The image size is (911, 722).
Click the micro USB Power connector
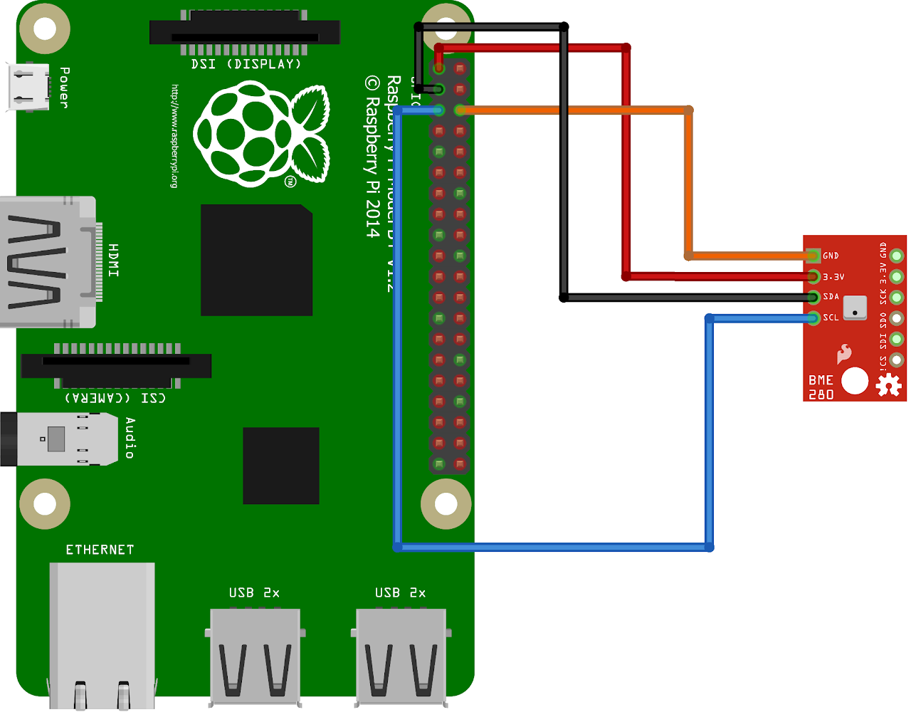29,87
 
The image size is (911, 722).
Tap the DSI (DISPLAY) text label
246,64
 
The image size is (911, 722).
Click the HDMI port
47,262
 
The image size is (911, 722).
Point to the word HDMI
113,260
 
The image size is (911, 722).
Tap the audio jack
60,439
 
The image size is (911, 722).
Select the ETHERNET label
100,550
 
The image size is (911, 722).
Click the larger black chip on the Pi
256,260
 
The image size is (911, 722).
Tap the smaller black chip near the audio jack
280,465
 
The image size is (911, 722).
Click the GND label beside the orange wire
831,256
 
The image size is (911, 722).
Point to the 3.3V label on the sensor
833,276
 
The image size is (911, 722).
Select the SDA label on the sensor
831,297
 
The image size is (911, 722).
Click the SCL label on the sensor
831,318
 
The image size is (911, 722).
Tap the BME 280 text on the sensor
821,387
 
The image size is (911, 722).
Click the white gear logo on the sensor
888,385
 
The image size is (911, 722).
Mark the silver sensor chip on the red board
855,308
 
